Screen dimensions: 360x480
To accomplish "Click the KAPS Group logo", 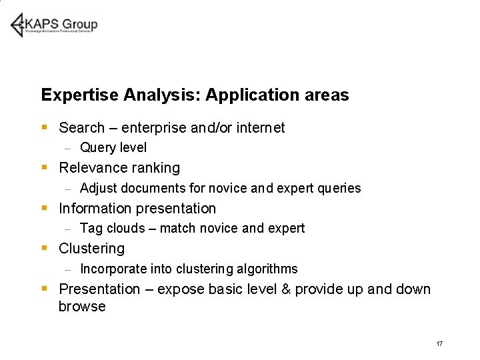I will tap(54, 25).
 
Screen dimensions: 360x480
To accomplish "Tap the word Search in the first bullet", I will tap(82, 127).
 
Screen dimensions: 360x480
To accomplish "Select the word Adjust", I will tap(98, 188).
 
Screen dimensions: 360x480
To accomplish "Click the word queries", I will tap(338, 188).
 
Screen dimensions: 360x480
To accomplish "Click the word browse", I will tap(82, 307).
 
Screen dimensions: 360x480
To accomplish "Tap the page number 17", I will tap(439, 343).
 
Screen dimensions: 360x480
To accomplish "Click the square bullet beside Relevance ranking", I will tap(44, 168).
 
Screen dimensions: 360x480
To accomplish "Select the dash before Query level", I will tap(67, 148).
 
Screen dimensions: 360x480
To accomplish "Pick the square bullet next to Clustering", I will tap(44, 248).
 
